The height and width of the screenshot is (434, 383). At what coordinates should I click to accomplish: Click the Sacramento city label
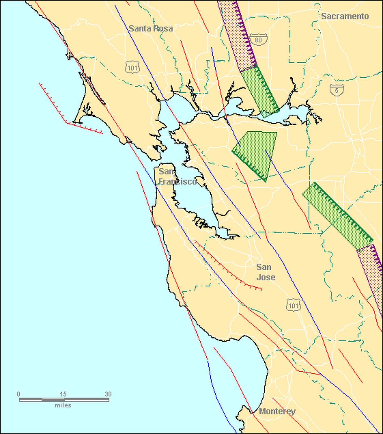[x=345, y=16]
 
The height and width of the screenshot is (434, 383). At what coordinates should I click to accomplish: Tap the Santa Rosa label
[x=151, y=28]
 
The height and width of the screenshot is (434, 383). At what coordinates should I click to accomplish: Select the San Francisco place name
[x=177, y=176]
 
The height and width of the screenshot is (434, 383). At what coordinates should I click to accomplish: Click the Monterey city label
[x=277, y=411]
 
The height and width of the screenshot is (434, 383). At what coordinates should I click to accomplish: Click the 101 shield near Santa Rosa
[x=132, y=67]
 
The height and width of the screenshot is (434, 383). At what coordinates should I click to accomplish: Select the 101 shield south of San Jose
[x=293, y=306]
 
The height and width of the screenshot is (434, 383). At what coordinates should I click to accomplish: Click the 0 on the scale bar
[x=19, y=394]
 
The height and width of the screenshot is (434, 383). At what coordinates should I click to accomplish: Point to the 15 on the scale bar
[x=63, y=394]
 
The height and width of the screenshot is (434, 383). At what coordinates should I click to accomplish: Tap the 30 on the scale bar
[x=108, y=394]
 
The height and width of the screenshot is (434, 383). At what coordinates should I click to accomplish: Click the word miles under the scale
[x=63, y=406]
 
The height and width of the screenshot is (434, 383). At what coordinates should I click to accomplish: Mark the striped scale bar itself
[x=64, y=400]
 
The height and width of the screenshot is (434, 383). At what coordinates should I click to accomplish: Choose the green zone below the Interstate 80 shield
[x=260, y=91]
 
